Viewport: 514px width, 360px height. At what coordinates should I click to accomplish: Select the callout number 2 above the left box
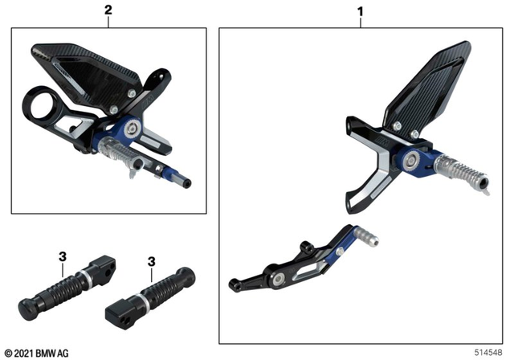tap(108, 10)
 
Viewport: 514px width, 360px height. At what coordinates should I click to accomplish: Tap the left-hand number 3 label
tap(62, 257)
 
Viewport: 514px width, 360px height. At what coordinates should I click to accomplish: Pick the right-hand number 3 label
tap(152, 261)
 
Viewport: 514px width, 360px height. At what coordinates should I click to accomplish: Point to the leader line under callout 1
tap(361, 22)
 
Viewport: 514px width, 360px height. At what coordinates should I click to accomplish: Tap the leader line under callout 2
tap(108, 22)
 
